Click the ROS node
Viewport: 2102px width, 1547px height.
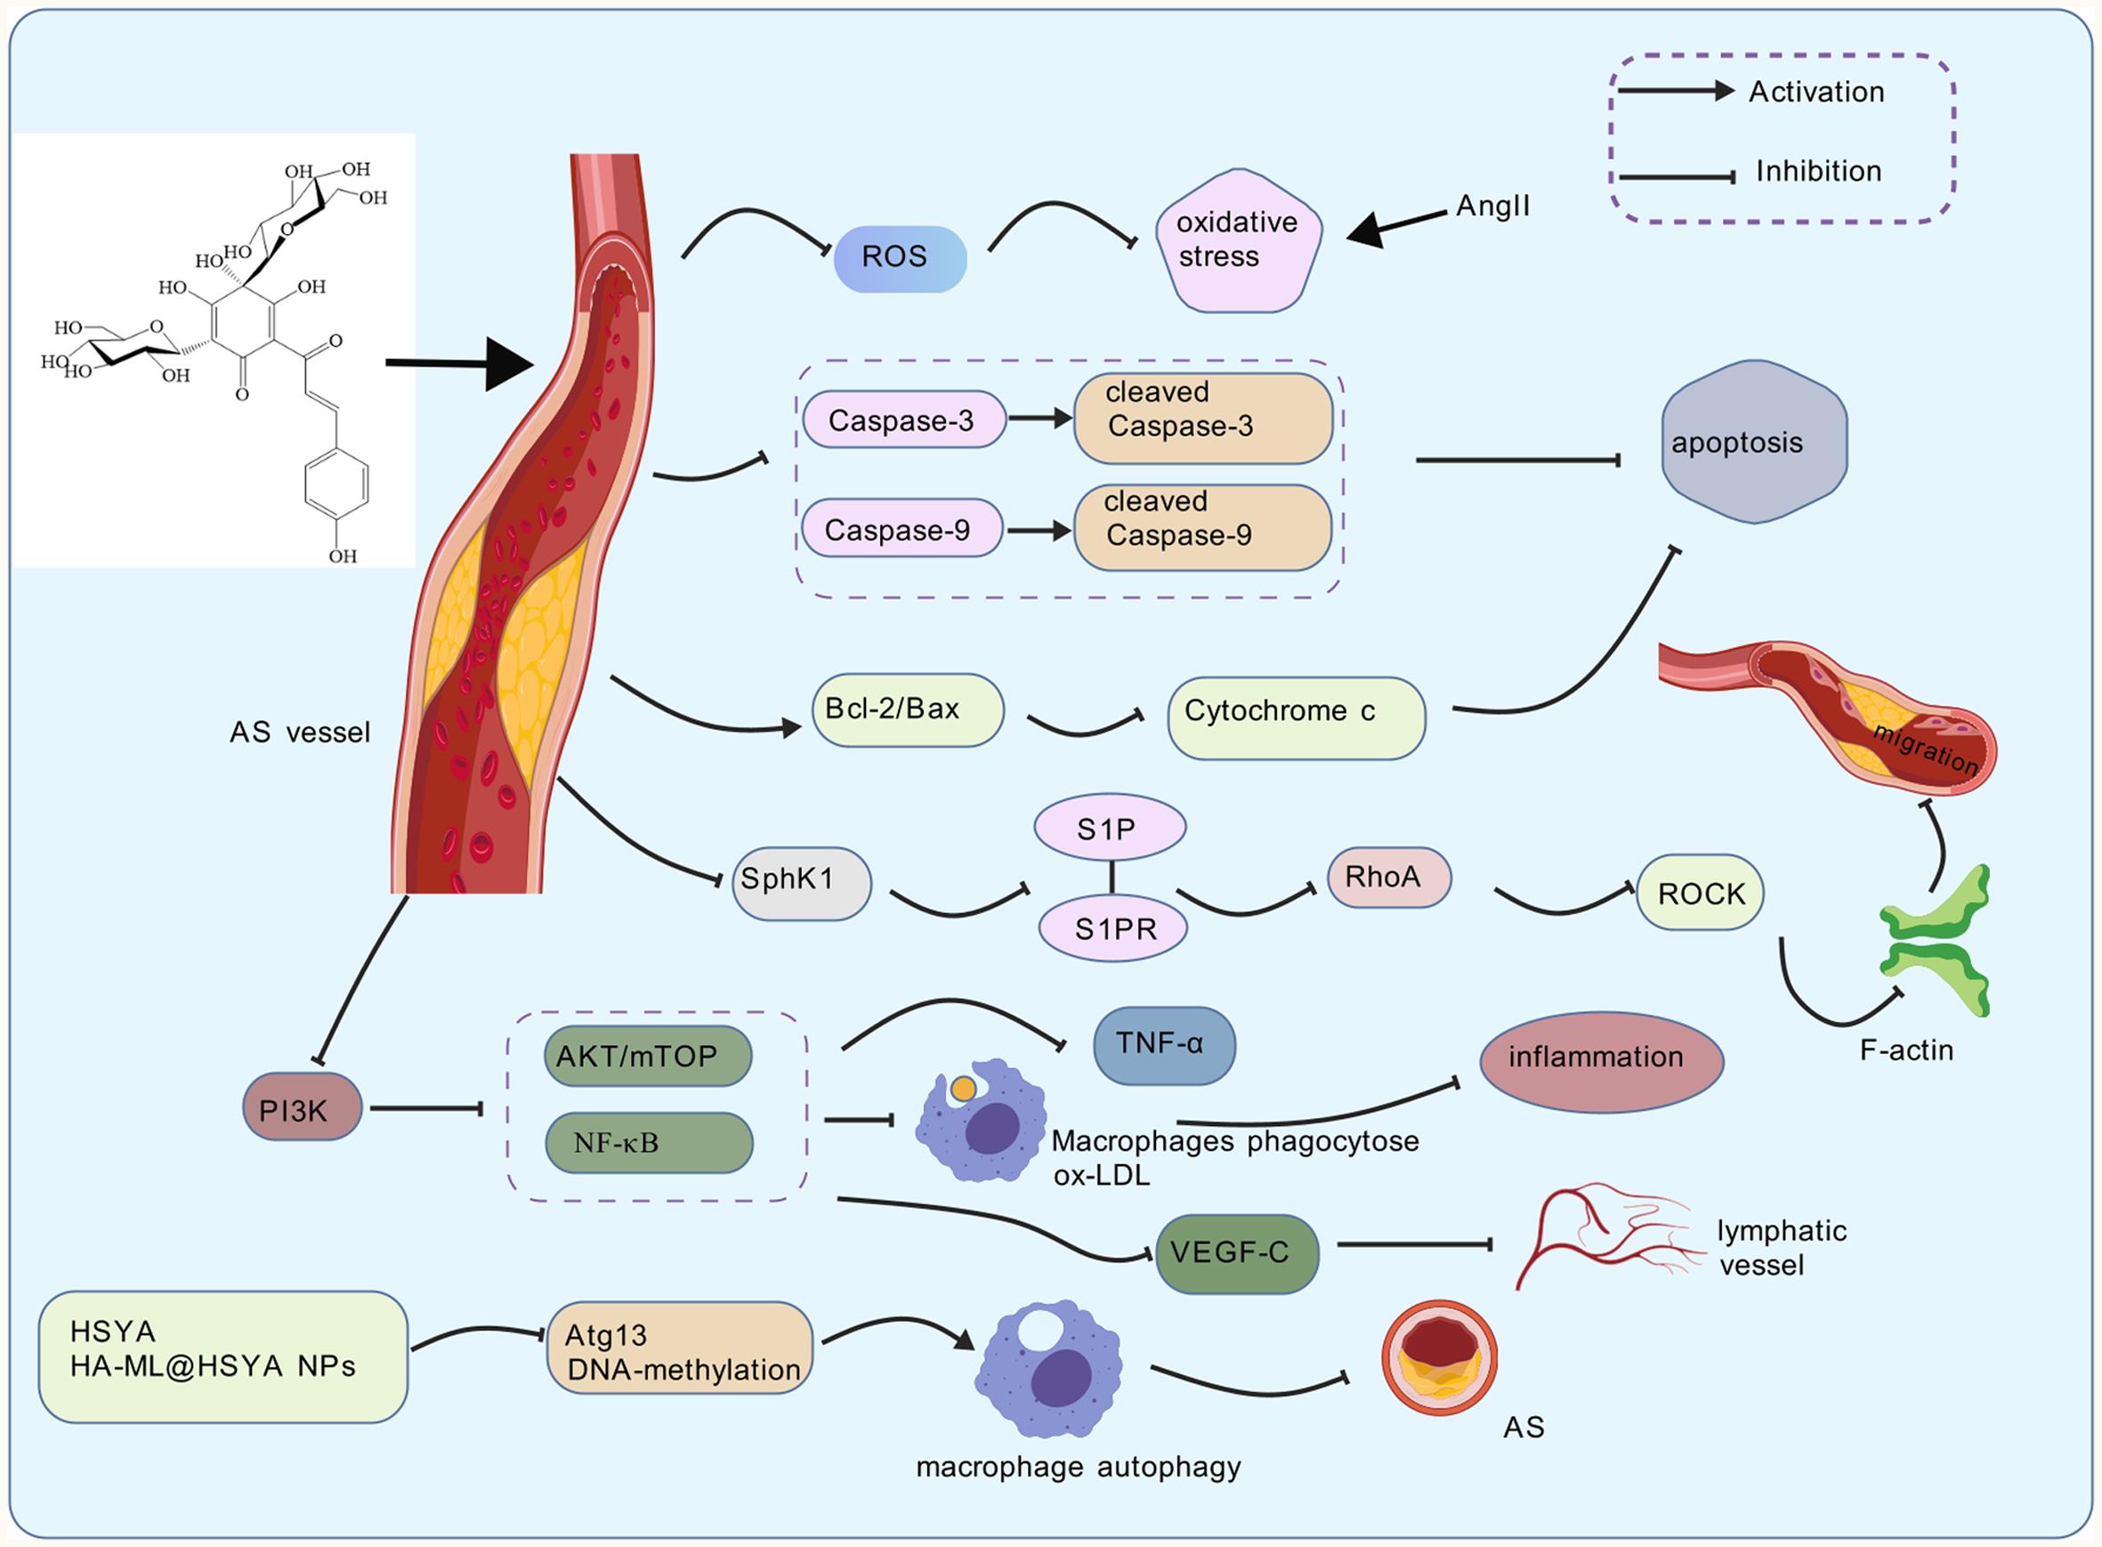[899, 257]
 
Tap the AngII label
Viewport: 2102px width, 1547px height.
[1492, 206]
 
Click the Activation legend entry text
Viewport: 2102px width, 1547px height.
[1815, 92]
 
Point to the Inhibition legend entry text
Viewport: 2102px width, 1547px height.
[1817, 172]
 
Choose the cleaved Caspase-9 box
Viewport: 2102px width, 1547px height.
[1202, 527]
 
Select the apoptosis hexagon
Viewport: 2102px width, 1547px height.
[1753, 442]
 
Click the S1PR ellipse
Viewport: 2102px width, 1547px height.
[1113, 928]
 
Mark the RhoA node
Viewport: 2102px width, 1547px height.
[1388, 878]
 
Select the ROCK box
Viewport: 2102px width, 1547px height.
[1700, 893]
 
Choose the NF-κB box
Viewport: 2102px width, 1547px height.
[648, 1143]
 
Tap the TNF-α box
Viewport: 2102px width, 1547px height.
[1163, 1045]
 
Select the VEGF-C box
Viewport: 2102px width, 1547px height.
[1237, 1253]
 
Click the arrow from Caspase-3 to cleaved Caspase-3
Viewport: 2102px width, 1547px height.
[1039, 418]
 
